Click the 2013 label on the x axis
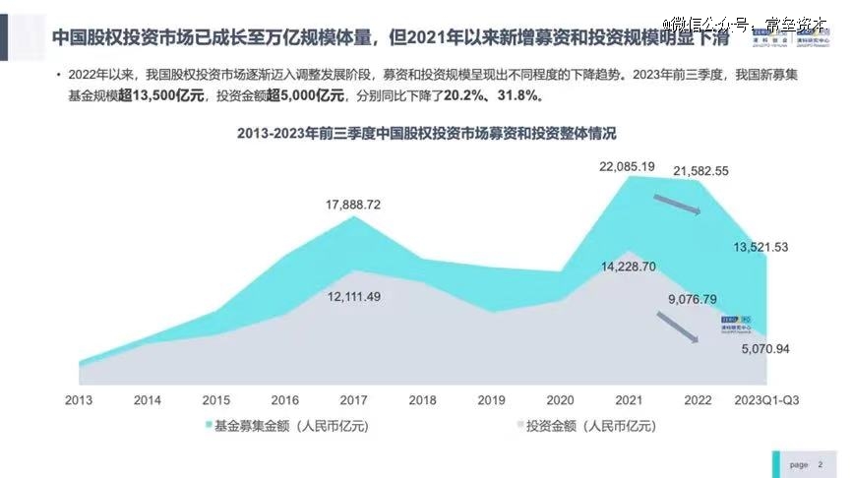click(79, 400)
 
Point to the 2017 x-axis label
click(353, 400)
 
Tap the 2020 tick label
click(559, 400)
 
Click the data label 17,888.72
click(353, 205)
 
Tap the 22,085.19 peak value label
click(627, 166)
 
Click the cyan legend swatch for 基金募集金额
click(209, 426)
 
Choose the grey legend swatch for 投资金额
click(519, 426)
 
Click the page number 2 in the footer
click(821, 464)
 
